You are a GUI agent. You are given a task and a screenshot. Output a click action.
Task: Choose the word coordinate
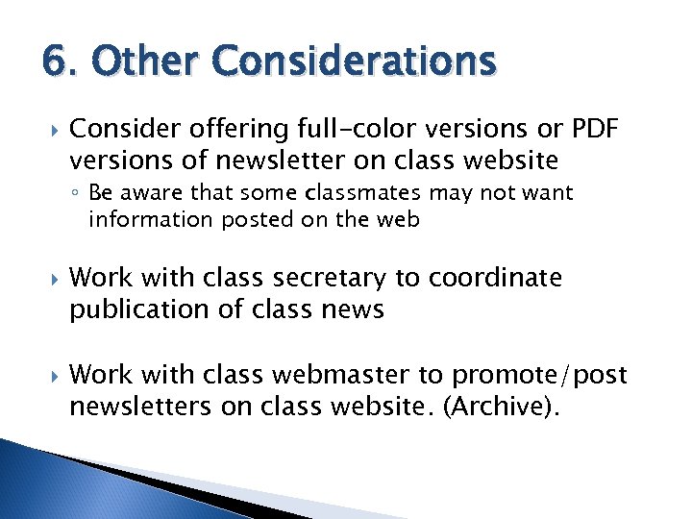(496, 279)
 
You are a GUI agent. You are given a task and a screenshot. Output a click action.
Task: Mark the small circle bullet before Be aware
(76, 194)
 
